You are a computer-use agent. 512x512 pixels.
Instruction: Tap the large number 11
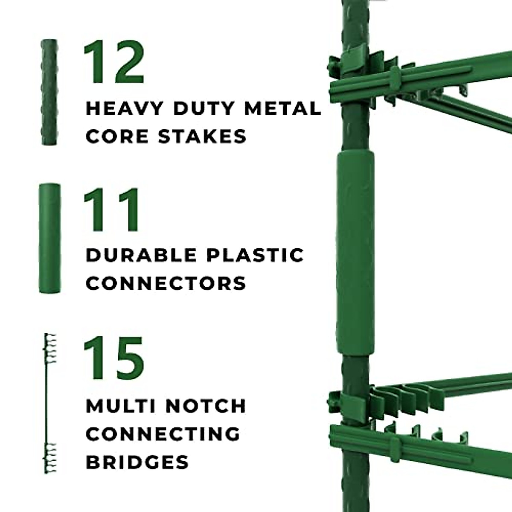[112, 210]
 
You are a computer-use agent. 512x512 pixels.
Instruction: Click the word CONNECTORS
[166, 283]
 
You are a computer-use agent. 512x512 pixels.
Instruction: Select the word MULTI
[120, 406]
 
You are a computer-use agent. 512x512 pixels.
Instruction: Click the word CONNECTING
[163, 434]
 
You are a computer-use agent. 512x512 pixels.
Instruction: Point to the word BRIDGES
[137, 462]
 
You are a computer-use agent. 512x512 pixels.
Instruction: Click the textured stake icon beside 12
[49, 92]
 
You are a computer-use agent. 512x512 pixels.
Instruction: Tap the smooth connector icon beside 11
[49, 238]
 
